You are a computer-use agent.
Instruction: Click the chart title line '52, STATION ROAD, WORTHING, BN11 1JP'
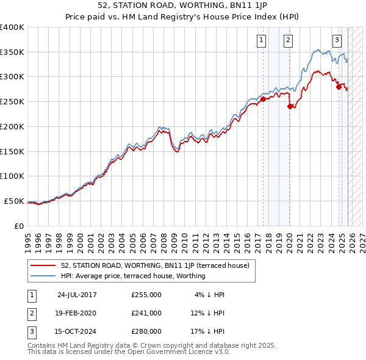point(183,7)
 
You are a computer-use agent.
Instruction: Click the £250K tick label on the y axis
point(12,101)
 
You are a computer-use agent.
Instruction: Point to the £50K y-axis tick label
point(14,201)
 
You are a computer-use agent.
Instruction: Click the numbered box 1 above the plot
point(261,41)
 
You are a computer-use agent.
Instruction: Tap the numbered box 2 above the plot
point(288,41)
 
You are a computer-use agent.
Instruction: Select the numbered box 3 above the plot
point(337,41)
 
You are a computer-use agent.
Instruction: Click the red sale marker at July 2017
point(263,99)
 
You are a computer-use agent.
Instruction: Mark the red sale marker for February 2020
point(290,106)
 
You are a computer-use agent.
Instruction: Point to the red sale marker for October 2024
point(339,87)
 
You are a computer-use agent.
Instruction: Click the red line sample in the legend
point(43,265)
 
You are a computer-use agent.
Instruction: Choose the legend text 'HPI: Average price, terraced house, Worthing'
point(133,276)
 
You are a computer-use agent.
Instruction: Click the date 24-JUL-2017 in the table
point(77,295)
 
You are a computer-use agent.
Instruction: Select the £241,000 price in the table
point(146,313)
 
